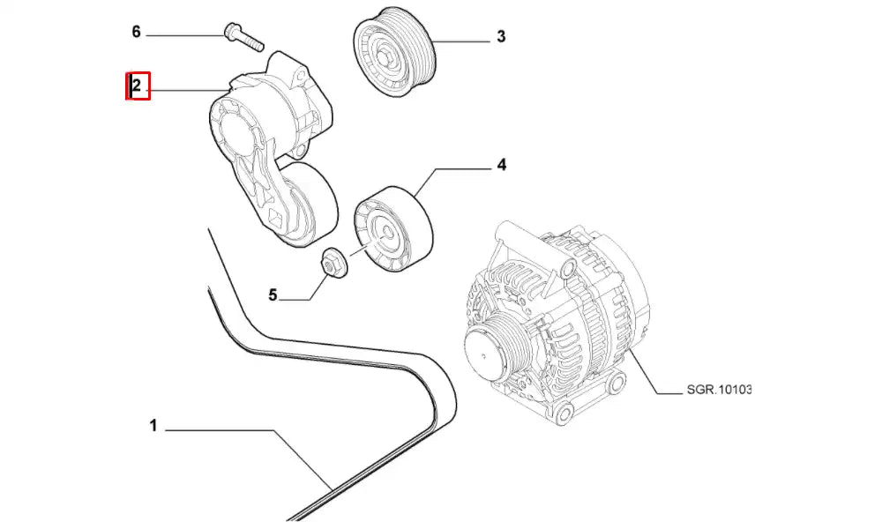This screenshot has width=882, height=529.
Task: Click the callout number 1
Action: [x=153, y=427]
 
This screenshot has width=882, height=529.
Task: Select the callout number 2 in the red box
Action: [x=137, y=86]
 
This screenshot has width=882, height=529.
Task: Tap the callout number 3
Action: [x=501, y=37]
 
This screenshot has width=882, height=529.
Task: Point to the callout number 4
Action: [x=501, y=164]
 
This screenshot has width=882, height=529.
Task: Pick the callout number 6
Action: [x=136, y=33]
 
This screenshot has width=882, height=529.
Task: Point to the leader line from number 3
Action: [x=459, y=41]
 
